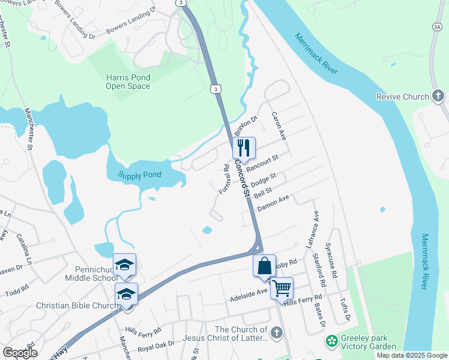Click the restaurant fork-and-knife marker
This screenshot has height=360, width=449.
click(x=244, y=147)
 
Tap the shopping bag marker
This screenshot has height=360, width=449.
click(x=264, y=265)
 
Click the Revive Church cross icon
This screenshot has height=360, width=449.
click(x=438, y=96)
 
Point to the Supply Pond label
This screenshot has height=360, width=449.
click(x=140, y=175)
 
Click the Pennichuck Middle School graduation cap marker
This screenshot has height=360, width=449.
click(x=124, y=264)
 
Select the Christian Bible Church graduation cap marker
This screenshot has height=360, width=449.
click(x=126, y=293)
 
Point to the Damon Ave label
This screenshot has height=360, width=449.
click(x=274, y=202)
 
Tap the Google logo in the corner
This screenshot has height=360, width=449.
click(x=20, y=352)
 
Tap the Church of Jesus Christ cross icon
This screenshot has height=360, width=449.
click(x=276, y=332)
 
